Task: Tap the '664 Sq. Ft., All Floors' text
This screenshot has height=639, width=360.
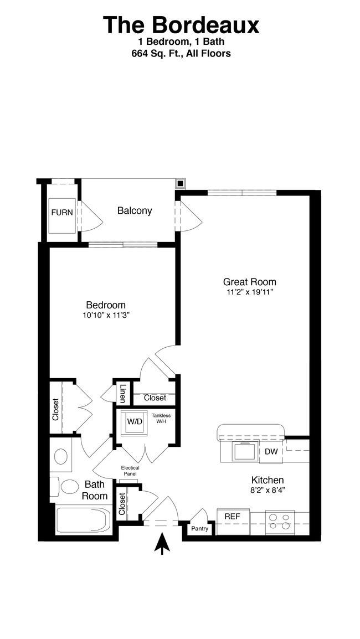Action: [181, 53]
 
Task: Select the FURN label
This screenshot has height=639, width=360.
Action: [62, 212]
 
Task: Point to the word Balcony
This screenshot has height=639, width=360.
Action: [135, 210]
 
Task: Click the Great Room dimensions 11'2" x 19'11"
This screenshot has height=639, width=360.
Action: [250, 292]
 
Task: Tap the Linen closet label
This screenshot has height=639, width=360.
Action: [122, 393]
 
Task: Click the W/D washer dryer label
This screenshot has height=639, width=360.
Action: [135, 422]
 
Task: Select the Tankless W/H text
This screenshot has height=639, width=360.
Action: [161, 418]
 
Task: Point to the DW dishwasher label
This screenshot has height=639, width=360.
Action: [271, 451]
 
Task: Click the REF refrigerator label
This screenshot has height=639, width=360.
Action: [233, 516]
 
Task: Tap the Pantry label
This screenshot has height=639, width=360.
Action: [200, 529]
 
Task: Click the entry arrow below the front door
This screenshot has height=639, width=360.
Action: [162, 544]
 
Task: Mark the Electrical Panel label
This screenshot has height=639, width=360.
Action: [130, 471]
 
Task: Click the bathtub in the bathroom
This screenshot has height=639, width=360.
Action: [84, 520]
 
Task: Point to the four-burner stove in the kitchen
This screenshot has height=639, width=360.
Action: [280, 522]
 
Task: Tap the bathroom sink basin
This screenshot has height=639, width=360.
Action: [61, 456]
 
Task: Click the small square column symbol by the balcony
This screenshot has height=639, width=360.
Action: [180, 184]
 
